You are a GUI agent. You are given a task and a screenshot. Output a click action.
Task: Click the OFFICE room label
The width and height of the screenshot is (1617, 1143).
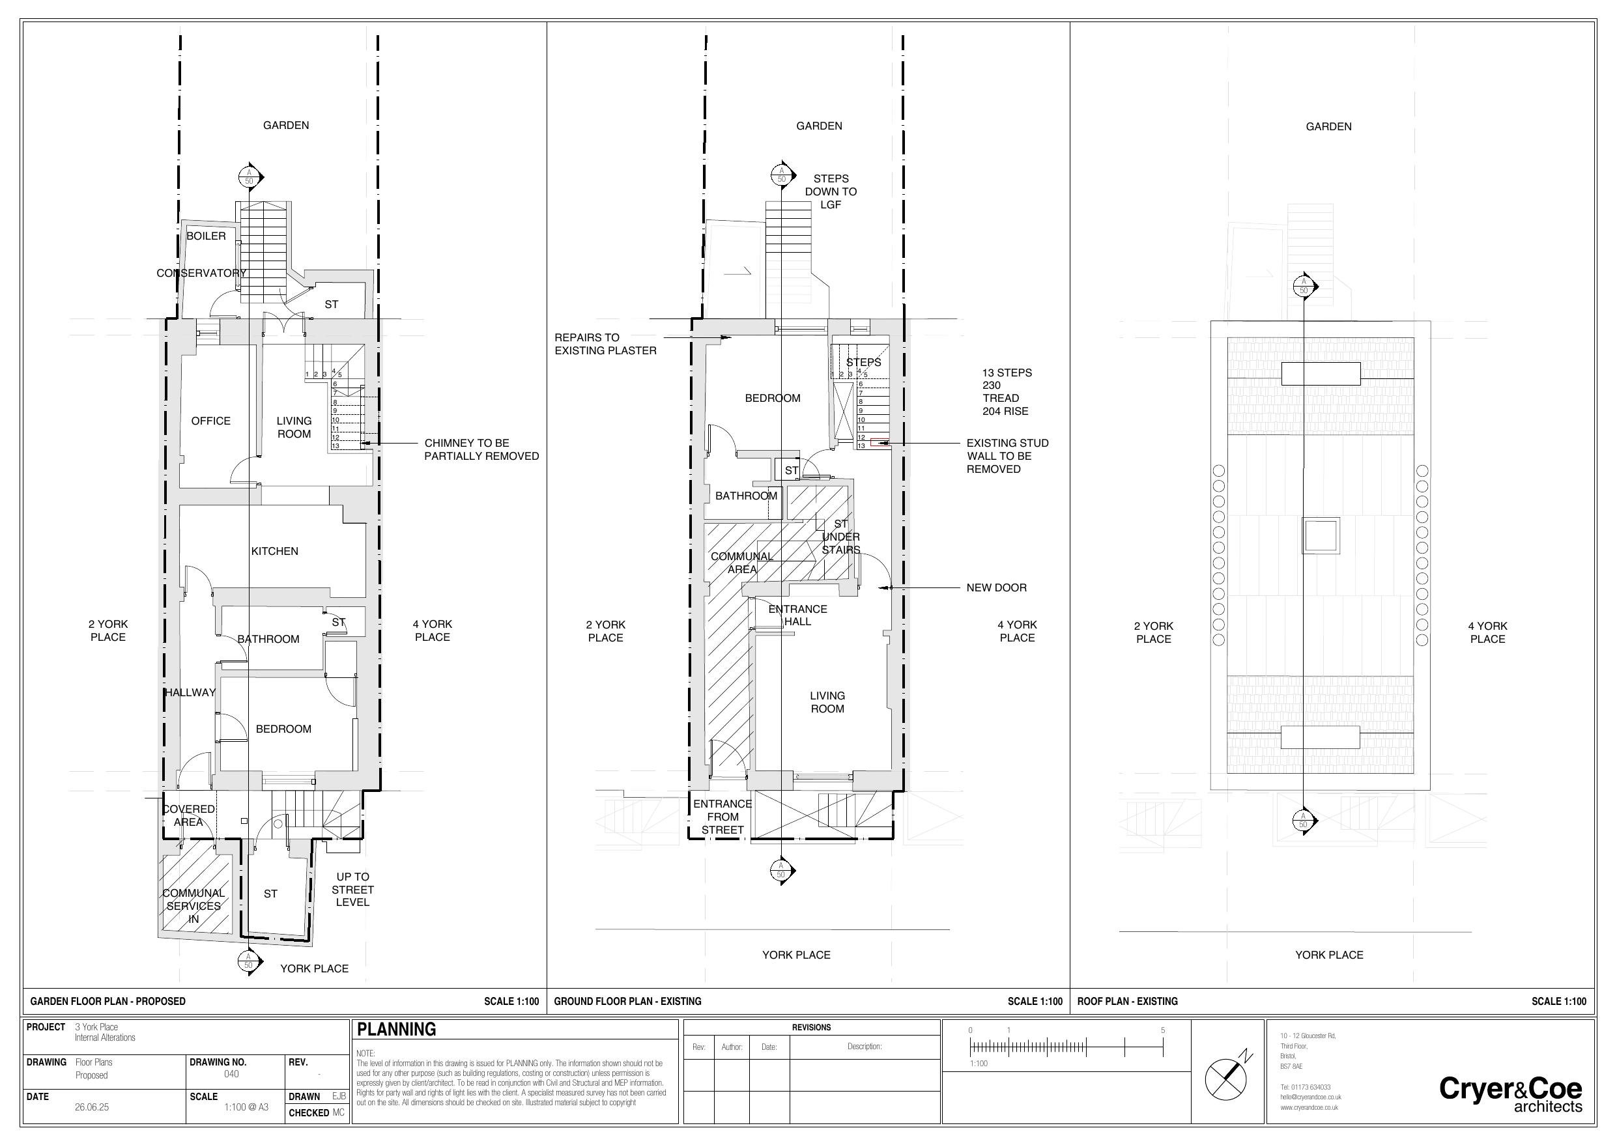[x=210, y=421]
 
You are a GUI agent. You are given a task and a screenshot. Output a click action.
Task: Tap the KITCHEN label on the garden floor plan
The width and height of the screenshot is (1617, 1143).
[x=275, y=551]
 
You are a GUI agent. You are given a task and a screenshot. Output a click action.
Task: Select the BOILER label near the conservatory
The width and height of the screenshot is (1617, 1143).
[x=206, y=236]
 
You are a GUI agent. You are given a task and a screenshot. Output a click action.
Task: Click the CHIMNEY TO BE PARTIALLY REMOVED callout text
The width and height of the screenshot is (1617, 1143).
[x=481, y=449]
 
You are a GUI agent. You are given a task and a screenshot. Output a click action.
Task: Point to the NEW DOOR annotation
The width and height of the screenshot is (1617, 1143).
[x=996, y=587]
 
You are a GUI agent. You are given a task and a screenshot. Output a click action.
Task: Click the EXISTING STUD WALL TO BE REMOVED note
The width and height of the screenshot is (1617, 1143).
[x=1007, y=456]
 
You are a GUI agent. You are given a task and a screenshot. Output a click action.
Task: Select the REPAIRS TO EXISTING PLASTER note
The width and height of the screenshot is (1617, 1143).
[x=605, y=344]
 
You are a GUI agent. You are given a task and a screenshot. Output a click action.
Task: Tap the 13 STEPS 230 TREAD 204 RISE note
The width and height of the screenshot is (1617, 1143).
[x=1007, y=391]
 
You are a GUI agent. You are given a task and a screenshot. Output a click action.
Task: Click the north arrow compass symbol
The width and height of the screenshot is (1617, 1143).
[x=1226, y=1077]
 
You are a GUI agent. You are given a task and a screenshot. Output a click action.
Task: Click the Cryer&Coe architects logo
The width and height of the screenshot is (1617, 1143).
[x=1510, y=1094]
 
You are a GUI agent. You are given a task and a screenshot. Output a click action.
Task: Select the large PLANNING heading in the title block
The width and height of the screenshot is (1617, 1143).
[x=397, y=1029]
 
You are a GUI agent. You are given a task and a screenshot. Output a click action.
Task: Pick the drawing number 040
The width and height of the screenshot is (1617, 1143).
[x=231, y=1074]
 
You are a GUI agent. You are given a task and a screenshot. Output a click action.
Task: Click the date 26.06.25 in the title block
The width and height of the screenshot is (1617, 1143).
[x=92, y=1107]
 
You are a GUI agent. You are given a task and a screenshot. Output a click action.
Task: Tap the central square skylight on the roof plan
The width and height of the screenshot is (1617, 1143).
[x=1320, y=536]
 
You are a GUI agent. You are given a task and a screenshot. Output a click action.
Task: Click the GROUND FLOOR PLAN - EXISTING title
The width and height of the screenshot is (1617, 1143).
[x=627, y=1001]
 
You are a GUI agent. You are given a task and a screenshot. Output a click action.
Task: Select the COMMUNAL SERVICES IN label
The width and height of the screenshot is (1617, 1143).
[x=193, y=906]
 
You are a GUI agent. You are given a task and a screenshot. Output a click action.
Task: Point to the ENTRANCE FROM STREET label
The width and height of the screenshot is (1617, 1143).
[x=722, y=816]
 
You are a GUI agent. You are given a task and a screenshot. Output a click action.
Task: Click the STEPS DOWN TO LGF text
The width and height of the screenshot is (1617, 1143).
[x=831, y=191]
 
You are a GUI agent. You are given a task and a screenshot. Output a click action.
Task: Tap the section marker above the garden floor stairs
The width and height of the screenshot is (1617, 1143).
[x=249, y=176]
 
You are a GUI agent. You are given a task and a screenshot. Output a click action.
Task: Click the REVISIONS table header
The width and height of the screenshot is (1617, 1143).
[x=810, y=1028]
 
